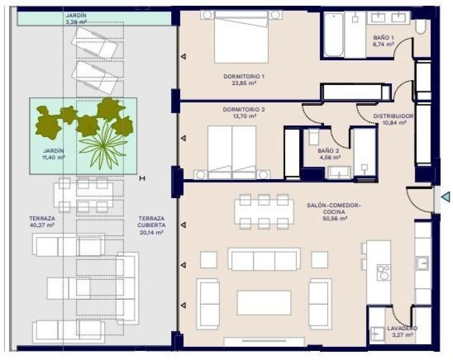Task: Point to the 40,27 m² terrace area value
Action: (x=41, y=225)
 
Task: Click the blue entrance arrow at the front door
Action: (x=445, y=197)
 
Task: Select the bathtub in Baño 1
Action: (x=334, y=35)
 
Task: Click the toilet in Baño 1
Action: (x=420, y=26)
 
